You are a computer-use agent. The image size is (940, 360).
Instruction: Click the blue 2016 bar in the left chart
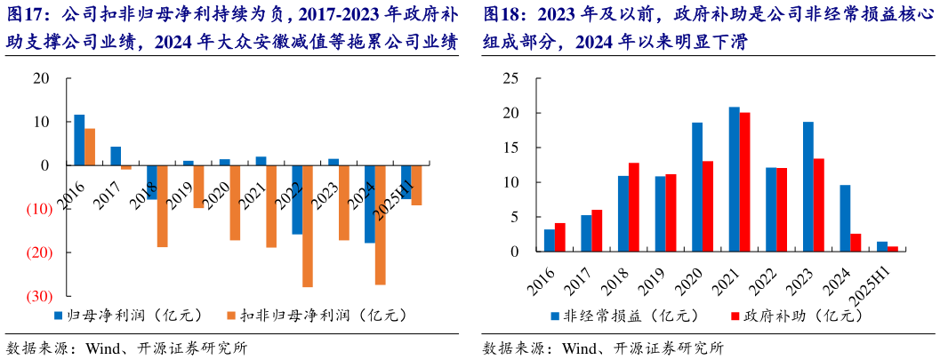[x=79, y=140]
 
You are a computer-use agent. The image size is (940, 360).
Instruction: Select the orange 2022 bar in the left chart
[x=307, y=226]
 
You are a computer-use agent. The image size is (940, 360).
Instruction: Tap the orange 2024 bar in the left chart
[x=380, y=224]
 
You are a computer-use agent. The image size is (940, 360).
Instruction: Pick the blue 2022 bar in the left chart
[x=296, y=199]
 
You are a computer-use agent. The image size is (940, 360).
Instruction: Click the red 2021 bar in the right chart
[x=745, y=182]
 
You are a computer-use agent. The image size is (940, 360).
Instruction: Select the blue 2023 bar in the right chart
[x=807, y=187]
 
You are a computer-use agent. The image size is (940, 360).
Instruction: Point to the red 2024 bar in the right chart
[x=856, y=243]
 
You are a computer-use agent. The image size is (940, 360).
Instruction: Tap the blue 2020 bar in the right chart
[x=697, y=187]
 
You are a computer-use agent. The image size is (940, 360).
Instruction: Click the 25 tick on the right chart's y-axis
[x=510, y=78]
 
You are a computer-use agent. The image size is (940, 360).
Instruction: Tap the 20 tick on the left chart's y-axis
[x=41, y=78]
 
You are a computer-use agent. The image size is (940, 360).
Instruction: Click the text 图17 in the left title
[x=26, y=15]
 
